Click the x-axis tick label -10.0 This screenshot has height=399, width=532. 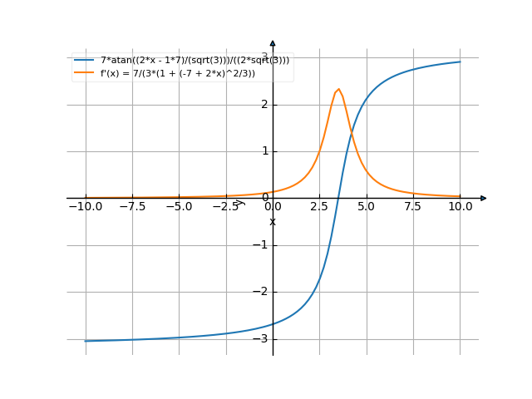[x=85, y=206]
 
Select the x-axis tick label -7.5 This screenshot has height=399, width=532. [x=131, y=206]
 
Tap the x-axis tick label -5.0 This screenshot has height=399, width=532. [x=179, y=206]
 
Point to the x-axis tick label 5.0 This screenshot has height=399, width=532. [x=367, y=206]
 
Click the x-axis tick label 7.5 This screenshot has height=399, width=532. [x=413, y=206]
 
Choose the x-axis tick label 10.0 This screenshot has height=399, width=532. [x=460, y=206]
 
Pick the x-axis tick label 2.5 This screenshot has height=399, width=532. [x=320, y=206]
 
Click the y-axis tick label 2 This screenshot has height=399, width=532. [x=264, y=105]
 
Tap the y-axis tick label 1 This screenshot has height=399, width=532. [x=264, y=151]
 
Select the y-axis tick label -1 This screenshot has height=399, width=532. [x=261, y=245]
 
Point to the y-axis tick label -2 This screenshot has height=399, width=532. [x=261, y=292]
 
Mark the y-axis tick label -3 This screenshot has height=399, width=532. [x=261, y=339]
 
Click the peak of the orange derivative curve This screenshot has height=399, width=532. [x=338, y=89]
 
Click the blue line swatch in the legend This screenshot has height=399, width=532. [x=84, y=61]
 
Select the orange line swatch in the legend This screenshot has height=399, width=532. [x=84, y=73]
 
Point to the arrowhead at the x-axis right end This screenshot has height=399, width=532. [x=483, y=198]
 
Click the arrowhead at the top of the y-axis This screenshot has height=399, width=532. [x=273, y=42]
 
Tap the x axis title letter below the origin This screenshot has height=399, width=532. [x=273, y=221]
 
